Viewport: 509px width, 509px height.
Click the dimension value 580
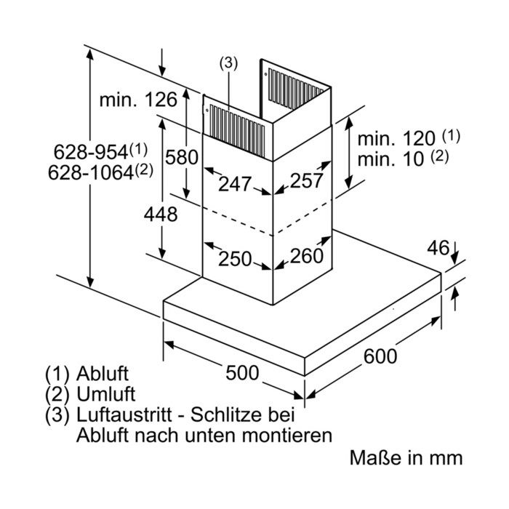pos(182,157)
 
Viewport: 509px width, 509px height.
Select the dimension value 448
pos(161,215)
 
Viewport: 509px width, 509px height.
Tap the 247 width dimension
pos(235,184)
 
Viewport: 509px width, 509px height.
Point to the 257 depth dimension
pos(306,180)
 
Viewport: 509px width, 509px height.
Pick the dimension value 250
pos(235,259)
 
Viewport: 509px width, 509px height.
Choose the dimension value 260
pos(307,255)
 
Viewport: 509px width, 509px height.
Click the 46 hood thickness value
pos(438,248)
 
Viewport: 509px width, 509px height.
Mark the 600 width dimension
pos(380,356)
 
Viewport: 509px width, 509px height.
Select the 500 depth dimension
pos(242,372)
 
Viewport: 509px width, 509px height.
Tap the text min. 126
pos(138,100)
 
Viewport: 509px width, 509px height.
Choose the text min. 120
pos(396,139)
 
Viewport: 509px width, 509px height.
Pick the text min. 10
pos(390,159)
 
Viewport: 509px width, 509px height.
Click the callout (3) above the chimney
pos(228,63)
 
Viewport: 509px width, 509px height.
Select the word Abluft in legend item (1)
pos(103,374)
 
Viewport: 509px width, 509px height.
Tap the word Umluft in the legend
pos(106,394)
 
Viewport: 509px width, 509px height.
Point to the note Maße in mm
pos(406,457)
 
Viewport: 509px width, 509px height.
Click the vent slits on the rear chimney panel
pos(295,89)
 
